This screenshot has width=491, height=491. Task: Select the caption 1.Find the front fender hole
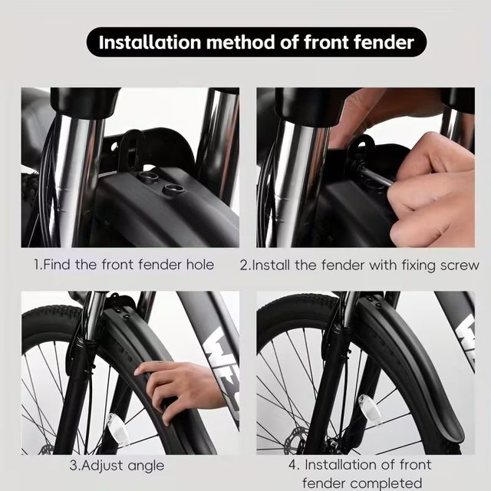tap(124, 265)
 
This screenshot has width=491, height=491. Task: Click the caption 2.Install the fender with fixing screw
tap(359, 265)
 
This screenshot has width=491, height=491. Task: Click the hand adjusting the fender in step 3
tap(173, 384)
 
